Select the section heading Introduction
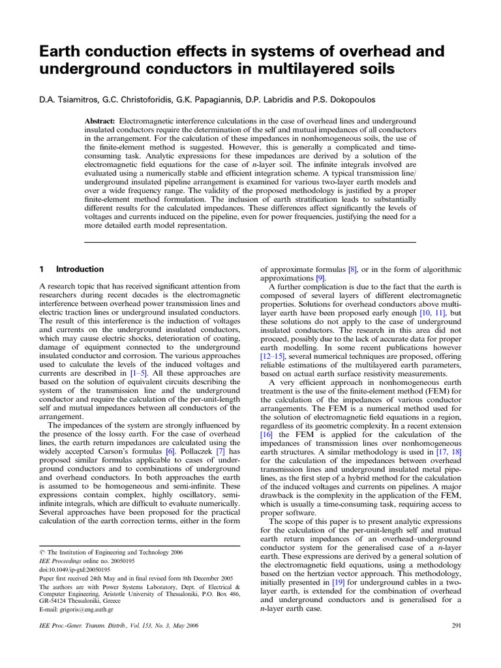point(80,269)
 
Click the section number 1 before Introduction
point(42,269)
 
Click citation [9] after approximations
point(320,277)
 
